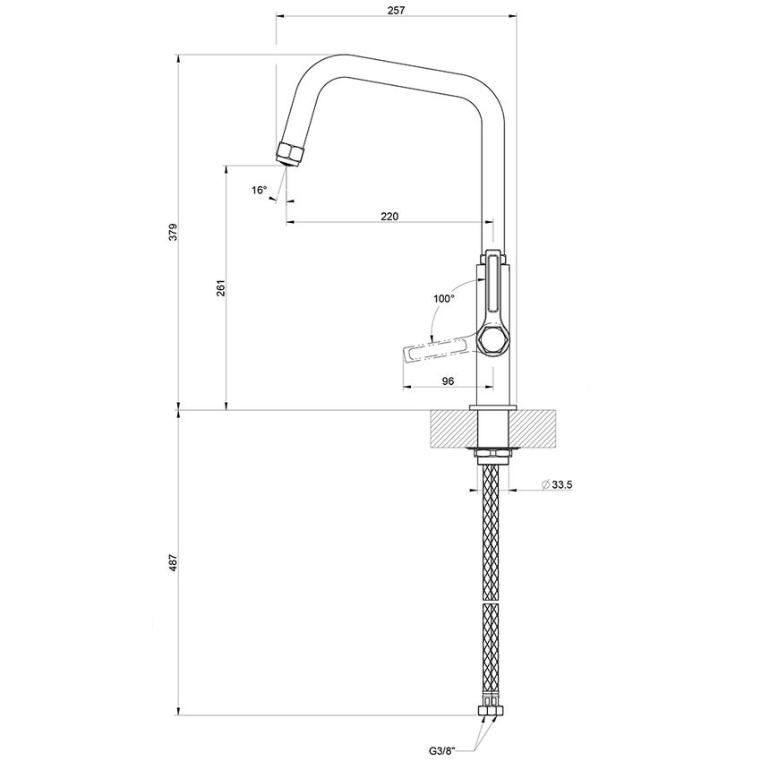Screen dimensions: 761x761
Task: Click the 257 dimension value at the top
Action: click(x=396, y=10)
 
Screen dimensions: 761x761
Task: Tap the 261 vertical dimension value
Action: click(x=219, y=288)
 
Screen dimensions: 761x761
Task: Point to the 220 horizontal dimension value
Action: click(x=389, y=217)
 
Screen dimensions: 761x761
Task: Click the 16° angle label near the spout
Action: click(x=259, y=190)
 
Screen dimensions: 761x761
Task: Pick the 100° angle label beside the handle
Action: click(x=443, y=299)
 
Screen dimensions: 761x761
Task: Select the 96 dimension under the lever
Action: click(x=449, y=380)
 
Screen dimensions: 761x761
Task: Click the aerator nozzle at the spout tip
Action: click(x=291, y=153)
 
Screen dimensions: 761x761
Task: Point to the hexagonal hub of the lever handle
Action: click(x=492, y=341)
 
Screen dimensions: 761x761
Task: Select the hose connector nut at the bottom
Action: click(x=492, y=714)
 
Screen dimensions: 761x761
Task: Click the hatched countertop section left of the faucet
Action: click(x=451, y=429)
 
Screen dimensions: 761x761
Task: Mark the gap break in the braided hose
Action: click(x=492, y=602)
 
